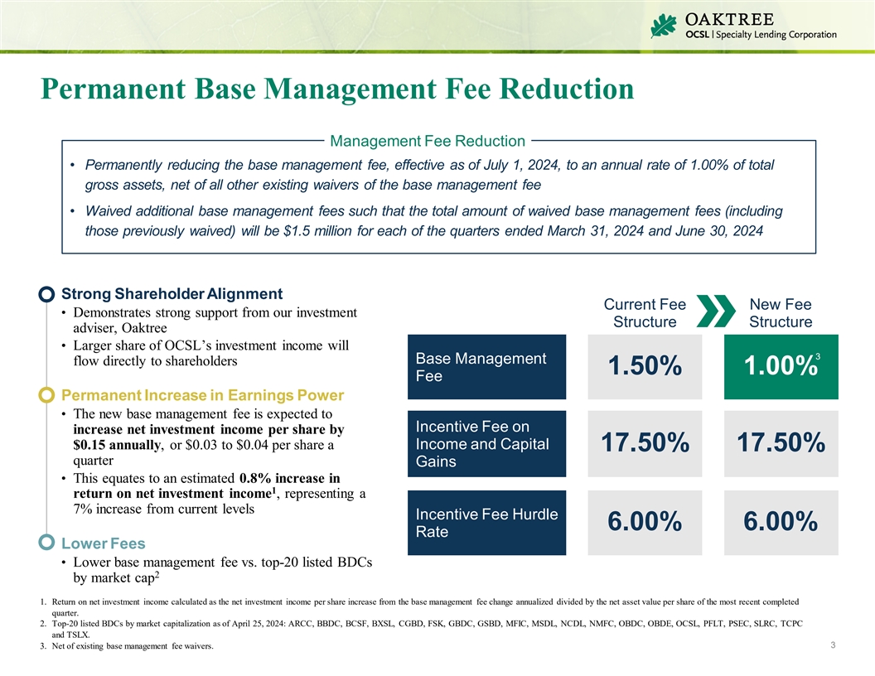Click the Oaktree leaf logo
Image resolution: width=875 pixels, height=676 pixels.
click(x=664, y=27)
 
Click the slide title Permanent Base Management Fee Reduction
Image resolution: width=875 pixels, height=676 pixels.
click(x=337, y=89)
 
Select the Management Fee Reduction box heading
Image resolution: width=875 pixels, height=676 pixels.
click(x=427, y=141)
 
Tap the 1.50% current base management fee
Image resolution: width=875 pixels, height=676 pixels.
click(x=645, y=366)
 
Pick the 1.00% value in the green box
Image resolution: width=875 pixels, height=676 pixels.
click(x=780, y=366)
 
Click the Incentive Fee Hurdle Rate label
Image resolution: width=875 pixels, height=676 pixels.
click(x=486, y=523)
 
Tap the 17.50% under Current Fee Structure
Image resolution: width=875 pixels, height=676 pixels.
click(x=645, y=444)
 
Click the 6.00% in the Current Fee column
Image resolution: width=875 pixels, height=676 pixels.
click(x=645, y=522)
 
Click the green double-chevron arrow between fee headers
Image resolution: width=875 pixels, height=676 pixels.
click(x=715, y=312)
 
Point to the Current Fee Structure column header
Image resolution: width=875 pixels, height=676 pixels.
click(x=645, y=313)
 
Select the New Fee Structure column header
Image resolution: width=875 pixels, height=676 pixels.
click(x=781, y=313)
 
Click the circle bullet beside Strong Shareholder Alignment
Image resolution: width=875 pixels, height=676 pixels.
click(x=47, y=294)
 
